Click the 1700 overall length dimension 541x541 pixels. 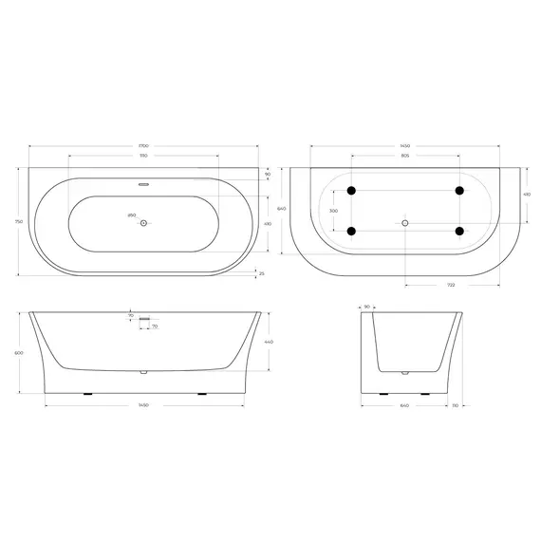pos(142,145)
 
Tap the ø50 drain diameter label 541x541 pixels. pos(131,216)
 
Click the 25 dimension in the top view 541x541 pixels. pos(262,273)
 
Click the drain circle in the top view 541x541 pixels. pos(142,223)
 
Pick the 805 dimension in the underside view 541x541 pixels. pos(404,155)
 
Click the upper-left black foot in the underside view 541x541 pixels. pos(352,191)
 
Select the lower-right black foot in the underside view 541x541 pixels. pos(459,230)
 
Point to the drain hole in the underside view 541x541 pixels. pos(405,223)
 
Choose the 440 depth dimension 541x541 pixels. pos(269,342)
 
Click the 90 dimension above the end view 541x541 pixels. pos(367,307)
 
